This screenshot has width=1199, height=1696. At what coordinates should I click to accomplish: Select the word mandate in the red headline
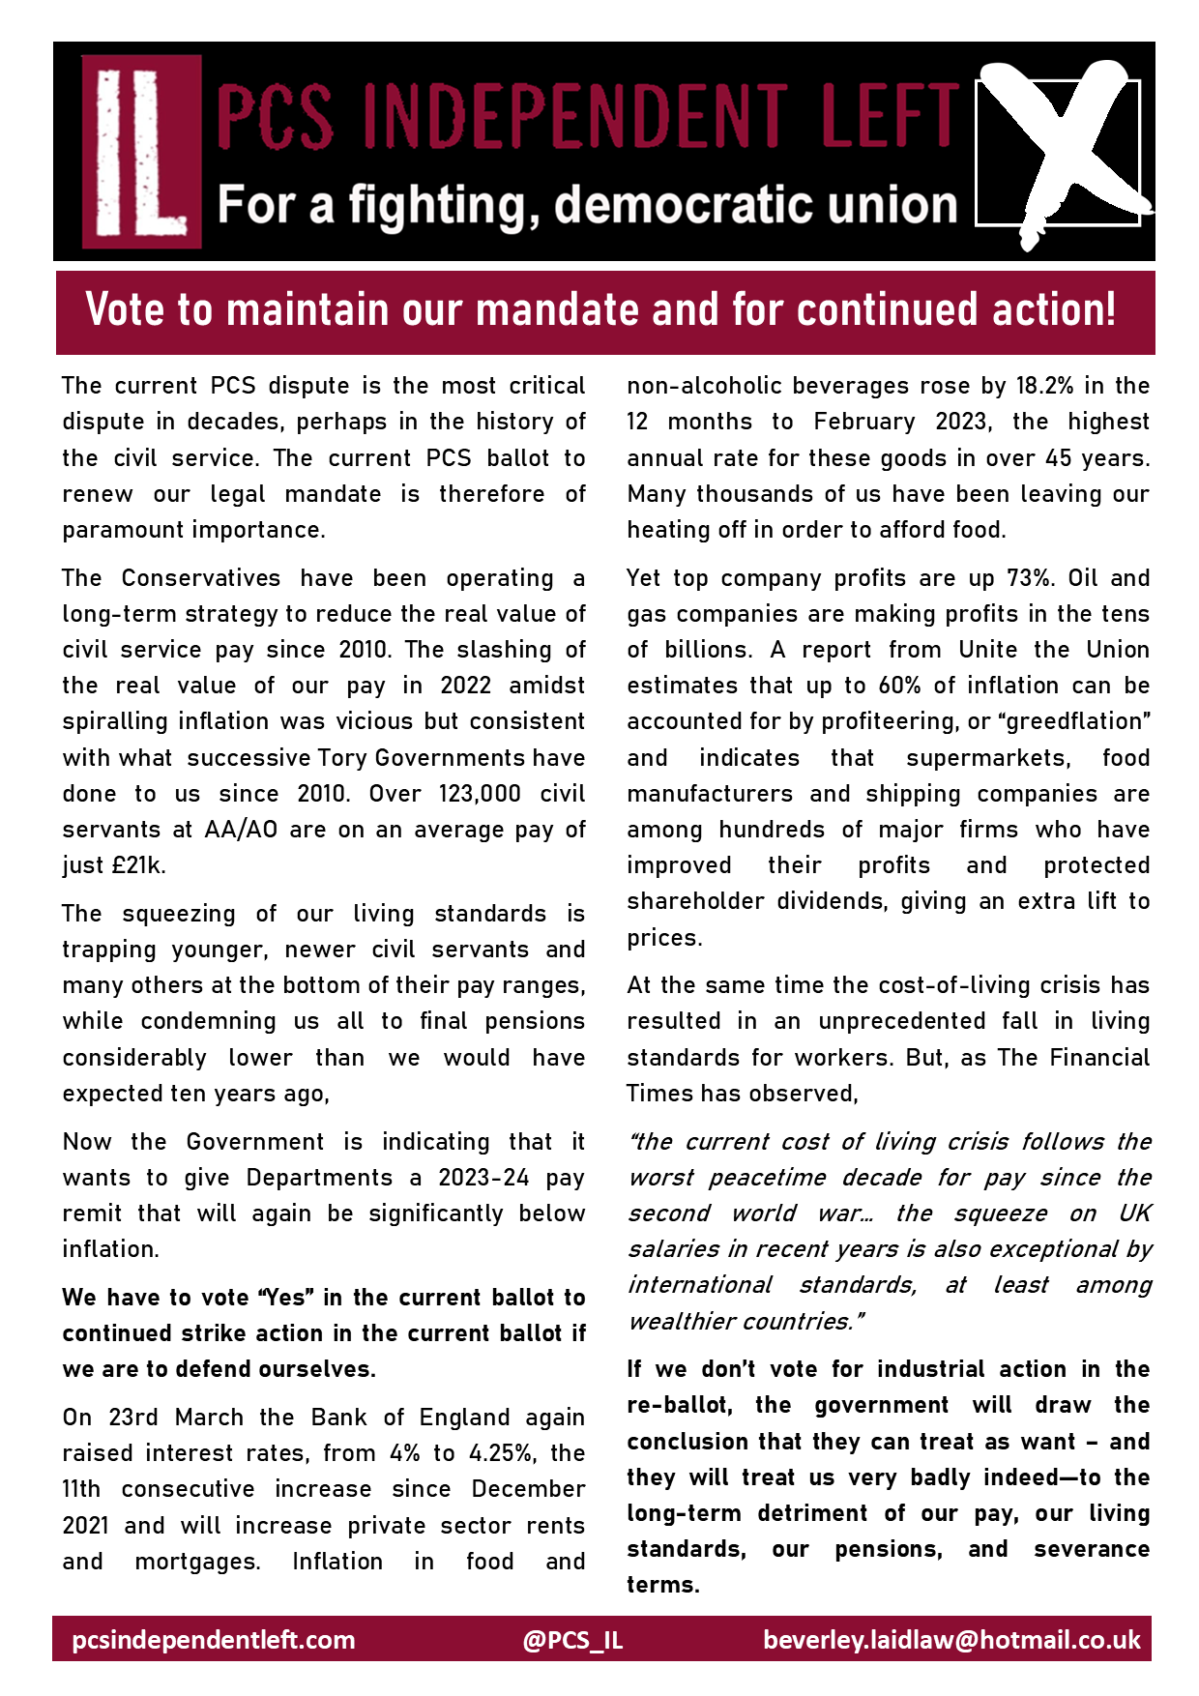click(559, 310)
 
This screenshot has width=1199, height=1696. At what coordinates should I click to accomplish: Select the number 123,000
click(480, 794)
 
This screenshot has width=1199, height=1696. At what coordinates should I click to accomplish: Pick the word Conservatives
click(201, 578)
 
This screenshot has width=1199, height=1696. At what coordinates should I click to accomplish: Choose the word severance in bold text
click(1091, 1549)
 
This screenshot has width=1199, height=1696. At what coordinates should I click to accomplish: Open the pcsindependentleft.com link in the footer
click(214, 1640)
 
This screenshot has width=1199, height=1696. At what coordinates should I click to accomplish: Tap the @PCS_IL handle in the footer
click(572, 1640)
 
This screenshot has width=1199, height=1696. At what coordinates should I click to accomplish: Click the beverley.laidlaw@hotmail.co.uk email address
click(951, 1640)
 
